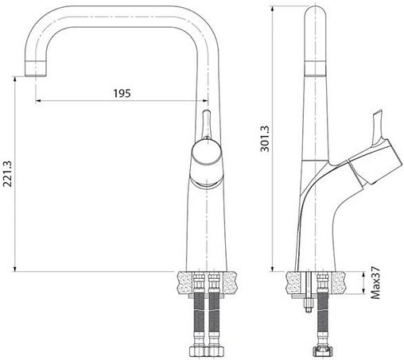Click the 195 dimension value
coord(121,93)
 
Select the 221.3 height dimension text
coord(8,172)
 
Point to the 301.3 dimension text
coord(266,136)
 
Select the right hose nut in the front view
coord(214,350)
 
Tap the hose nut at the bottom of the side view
coord(322,349)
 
